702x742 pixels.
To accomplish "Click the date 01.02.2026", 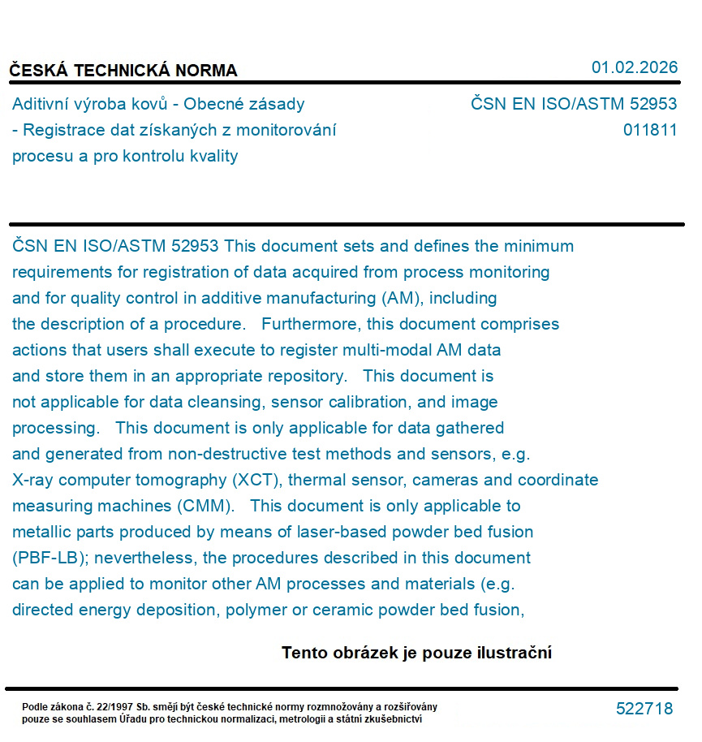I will (634, 67).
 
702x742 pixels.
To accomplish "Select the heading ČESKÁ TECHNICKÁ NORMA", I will (123, 71).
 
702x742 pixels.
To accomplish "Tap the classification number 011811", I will (650, 130).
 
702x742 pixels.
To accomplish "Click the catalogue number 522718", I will (644, 709).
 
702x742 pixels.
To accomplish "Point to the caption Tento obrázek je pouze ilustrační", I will (416, 653).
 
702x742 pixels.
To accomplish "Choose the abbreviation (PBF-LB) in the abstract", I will (50, 558).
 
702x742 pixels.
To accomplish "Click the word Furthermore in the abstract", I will (312, 324).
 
